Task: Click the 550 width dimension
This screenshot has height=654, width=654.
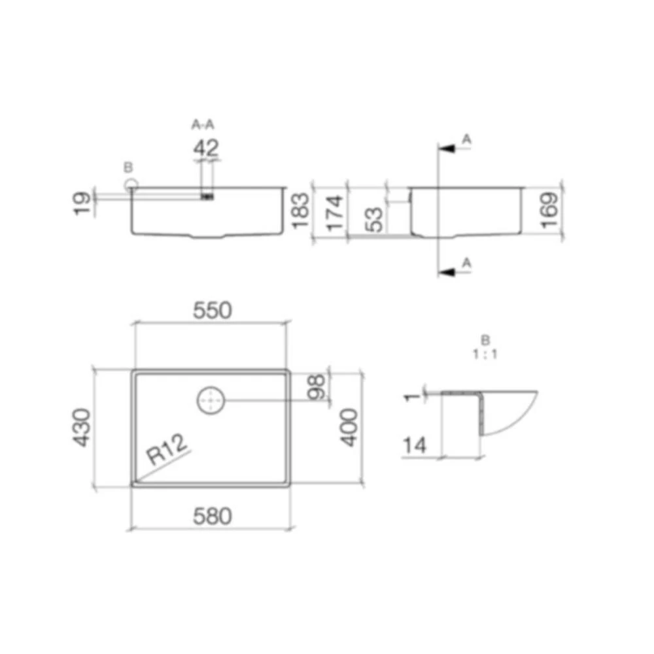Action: point(213,310)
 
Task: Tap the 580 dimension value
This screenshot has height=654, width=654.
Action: point(213,516)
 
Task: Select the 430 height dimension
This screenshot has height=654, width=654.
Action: point(82,428)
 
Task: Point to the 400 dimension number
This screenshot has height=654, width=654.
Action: point(349,428)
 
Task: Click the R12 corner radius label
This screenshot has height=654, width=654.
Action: point(167,449)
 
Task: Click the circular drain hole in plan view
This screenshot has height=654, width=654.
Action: point(211,400)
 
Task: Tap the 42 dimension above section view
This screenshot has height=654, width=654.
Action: point(206,148)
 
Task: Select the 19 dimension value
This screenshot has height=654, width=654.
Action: point(82,203)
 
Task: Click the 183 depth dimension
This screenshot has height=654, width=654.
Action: point(300,211)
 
